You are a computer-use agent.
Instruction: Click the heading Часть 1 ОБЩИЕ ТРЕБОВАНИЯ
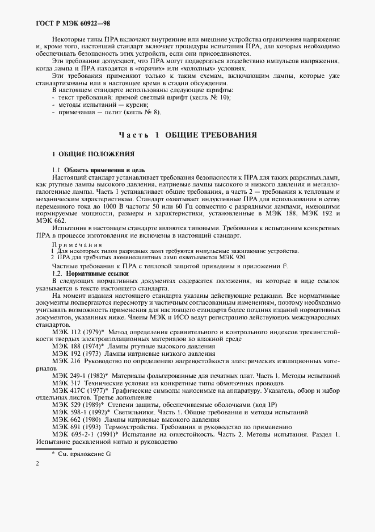click(188, 135)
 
